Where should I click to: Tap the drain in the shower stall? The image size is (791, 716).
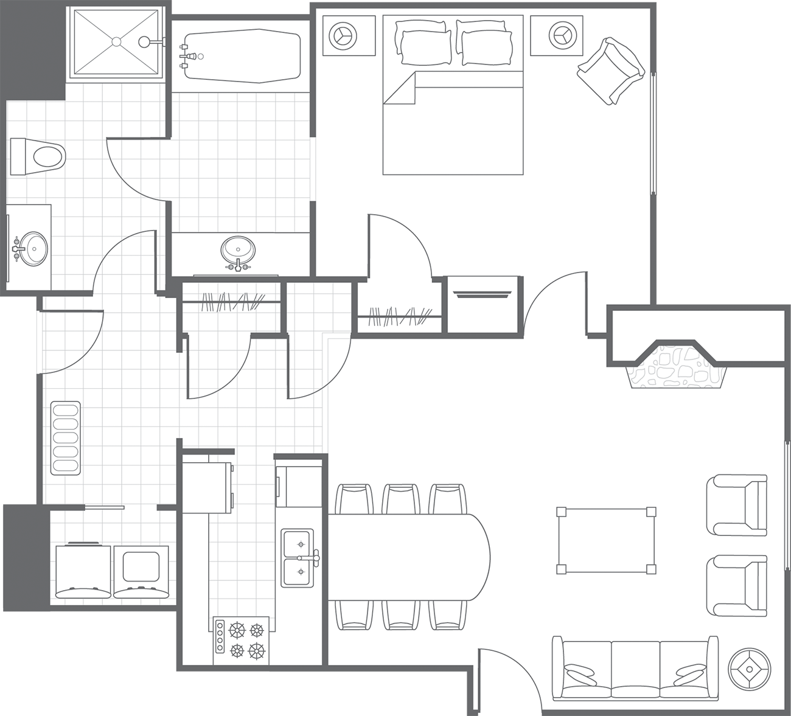point(116,41)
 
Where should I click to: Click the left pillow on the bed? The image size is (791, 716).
point(424,43)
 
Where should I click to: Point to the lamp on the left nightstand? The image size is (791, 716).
point(343,35)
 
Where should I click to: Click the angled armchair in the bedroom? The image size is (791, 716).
point(610,70)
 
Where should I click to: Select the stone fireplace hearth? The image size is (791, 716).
point(678,367)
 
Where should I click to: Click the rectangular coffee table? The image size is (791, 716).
point(606,540)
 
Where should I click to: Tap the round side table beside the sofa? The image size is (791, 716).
point(750,669)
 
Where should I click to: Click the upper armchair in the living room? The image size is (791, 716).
point(736,505)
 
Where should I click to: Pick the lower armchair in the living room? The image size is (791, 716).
point(736,585)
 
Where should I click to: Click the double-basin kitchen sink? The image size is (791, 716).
point(298,557)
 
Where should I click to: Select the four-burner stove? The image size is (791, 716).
point(242,641)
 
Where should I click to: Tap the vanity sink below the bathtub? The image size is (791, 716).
point(238,251)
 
